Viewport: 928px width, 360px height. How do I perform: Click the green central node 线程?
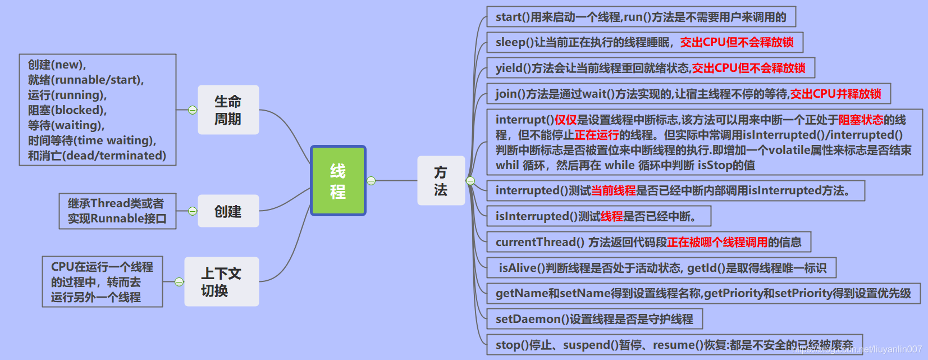[x=338, y=181]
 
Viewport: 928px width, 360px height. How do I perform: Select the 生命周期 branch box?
[x=228, y=110]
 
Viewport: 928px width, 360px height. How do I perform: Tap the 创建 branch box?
[x=228, y=211]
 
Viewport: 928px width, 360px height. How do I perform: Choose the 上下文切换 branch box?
[x=221, y=281]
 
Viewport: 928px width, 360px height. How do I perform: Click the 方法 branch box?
[x=441, y=180]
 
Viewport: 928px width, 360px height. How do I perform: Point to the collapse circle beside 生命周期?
[x=193, y=110]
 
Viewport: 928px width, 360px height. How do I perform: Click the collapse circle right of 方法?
[x=470, y=181]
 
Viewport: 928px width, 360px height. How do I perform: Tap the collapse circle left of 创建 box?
[x=193, y=211]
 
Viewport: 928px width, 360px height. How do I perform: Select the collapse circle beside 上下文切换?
[x=179, y=281]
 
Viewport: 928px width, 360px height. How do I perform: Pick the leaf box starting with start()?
[x=641, y=17]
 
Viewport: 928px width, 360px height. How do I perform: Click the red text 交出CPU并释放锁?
[x=835, y=94]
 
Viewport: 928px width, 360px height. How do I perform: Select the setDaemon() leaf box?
[x=594, y=319]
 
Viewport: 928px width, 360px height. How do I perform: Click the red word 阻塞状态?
[x=861, y=120]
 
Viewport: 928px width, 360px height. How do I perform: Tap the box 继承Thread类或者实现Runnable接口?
[x=117, y=211]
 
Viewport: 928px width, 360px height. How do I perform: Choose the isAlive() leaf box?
[x=661, y=268]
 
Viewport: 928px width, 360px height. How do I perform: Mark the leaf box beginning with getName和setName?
[x=703, y=293]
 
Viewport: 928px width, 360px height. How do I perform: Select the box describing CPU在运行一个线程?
[x=102, y=281]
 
